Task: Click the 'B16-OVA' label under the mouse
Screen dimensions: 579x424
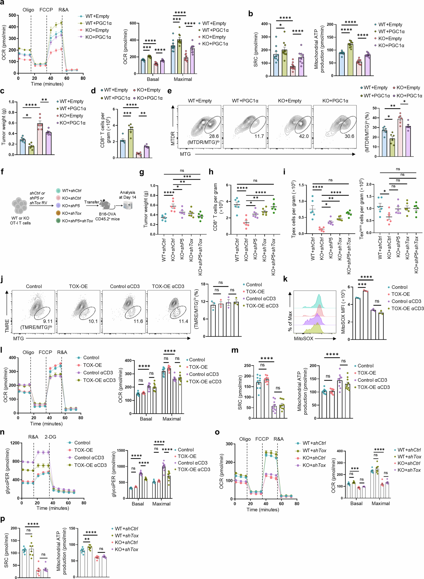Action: (107, 214)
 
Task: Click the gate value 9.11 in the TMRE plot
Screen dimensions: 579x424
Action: (48, 321)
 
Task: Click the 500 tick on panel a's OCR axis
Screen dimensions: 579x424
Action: (12, 15)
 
